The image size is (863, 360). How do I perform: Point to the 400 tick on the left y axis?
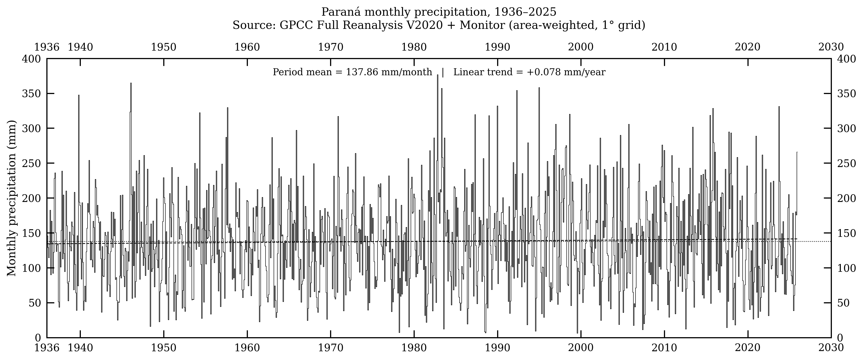tap(31, 59)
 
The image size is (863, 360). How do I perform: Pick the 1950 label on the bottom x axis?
tap(163, 348)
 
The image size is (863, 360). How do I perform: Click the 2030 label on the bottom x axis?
tap(831, 348)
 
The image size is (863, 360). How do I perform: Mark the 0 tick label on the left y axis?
tap(38, 338)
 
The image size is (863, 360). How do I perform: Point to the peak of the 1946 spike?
tap(131, 83)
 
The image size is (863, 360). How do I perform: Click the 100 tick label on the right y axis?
tap(847, 268)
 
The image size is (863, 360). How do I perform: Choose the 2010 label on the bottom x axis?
tap(664, 348)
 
